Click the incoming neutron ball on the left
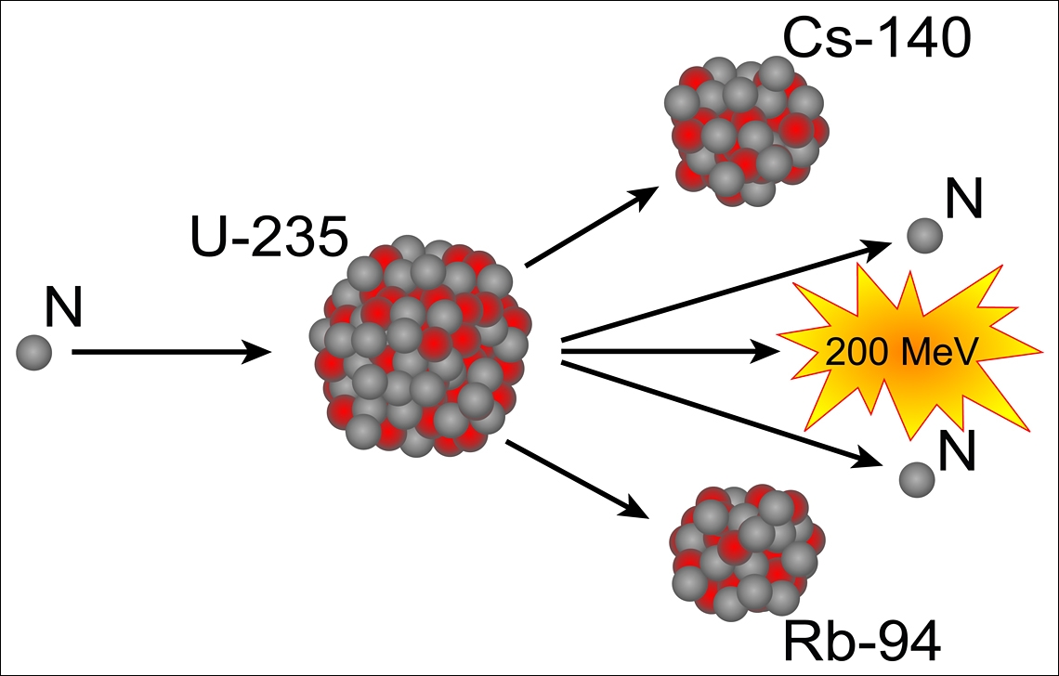(33, 352)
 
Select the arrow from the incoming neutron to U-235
(167, 352)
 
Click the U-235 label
(266, 239)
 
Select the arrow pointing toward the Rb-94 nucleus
(576, 478)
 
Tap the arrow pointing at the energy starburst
(669, 352)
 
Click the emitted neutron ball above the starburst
(922, 236)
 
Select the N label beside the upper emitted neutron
(963, 201)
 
